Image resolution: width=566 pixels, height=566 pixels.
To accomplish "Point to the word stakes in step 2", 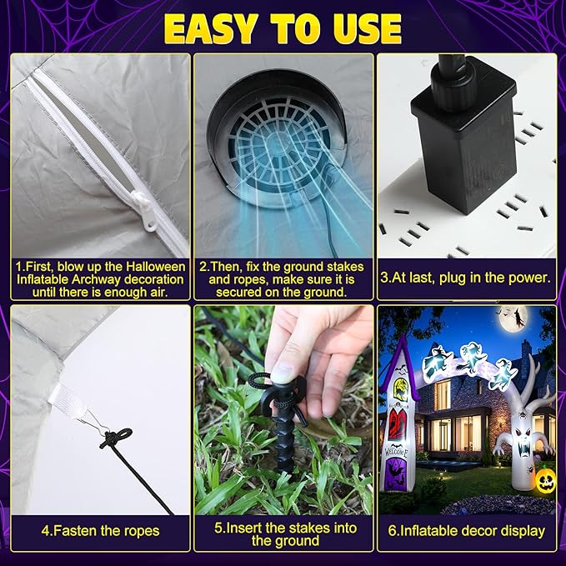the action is coord(345,267).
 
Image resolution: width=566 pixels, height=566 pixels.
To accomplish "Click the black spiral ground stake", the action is coord(284,426).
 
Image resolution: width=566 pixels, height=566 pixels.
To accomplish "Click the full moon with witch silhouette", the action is coord(513,318).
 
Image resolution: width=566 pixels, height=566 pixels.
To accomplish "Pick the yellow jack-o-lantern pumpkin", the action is coord(544,481).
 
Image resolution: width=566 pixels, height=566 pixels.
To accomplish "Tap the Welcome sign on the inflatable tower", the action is coord(396,451).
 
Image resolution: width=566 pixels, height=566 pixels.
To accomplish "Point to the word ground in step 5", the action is coord(297,541).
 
